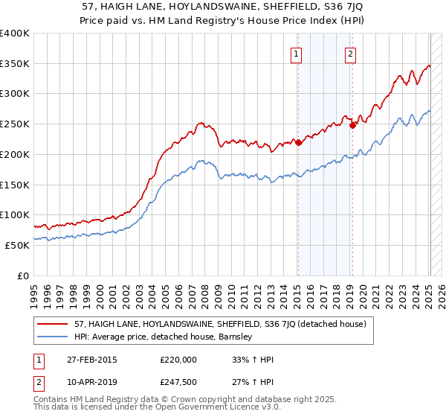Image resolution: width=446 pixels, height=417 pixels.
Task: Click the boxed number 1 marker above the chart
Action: coord(297,53)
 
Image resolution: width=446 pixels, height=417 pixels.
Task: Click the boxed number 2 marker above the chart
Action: coord(349,53)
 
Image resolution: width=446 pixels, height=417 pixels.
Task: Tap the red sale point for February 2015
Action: coord(298,142)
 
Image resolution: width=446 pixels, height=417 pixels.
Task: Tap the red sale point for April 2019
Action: coord(352,125)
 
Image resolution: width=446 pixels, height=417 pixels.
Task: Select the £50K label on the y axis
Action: coord(17,245)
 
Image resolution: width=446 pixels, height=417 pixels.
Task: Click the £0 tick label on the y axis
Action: coord(22,276)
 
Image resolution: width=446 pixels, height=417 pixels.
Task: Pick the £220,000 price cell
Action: coord(178,360)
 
